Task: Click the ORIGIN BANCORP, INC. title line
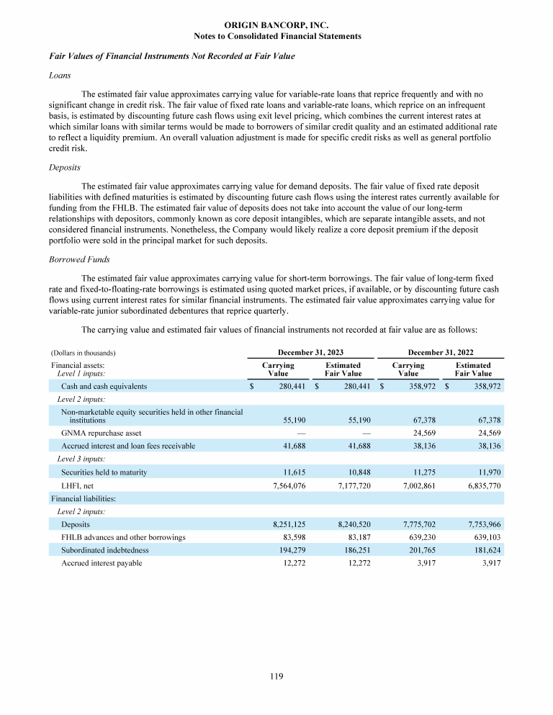click(x=277, y=25)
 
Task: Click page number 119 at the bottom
click(x=277, y=676)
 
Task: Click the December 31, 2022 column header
click(x=440, y=353)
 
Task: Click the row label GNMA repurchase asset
click(x=101, y=433)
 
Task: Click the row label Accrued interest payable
click(x=102, y=563)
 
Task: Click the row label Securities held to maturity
click(x=104, y=472)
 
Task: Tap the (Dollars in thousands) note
click(x=84, y=354)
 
